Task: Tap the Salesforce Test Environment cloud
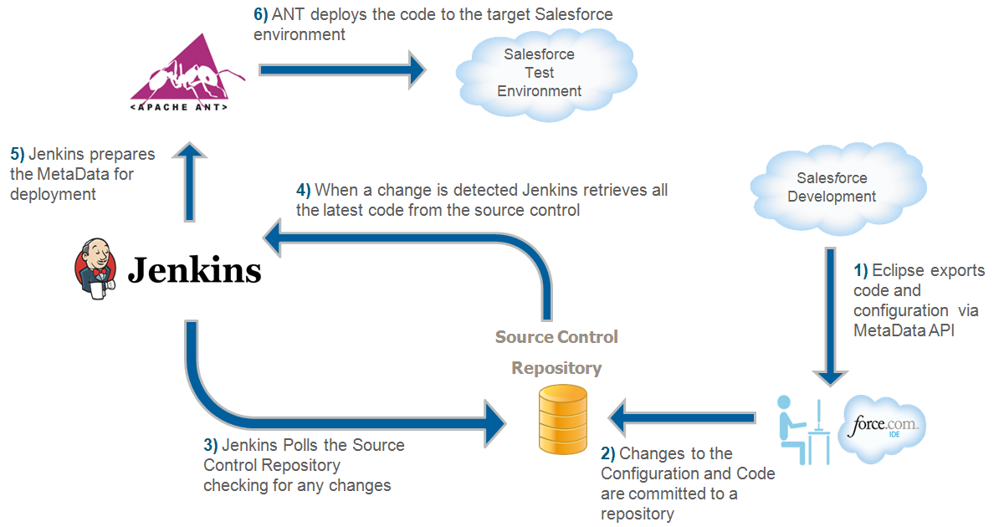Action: (539, 73)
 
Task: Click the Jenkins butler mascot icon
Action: (94, 268)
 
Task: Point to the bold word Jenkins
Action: (194, 270)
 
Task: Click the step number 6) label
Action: (260, 15)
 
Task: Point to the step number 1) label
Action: (861, 271)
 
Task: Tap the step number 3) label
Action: (211, 446)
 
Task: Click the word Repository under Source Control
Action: (556, 368)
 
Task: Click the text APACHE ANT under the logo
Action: (179, 108)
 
